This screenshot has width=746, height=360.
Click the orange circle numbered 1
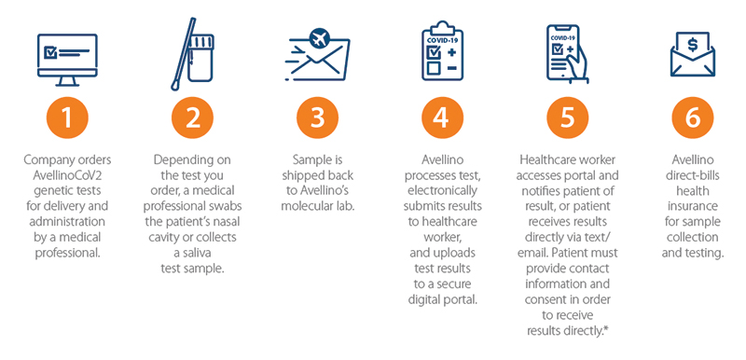(x=67, y=118)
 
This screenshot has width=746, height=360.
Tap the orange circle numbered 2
(x=192, y=118)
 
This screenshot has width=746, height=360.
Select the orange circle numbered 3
(x=317, y=118)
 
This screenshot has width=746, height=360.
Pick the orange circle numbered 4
(x=442, y=118)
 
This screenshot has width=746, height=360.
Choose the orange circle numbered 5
(x=567, y=118)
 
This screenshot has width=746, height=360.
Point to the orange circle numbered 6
(x=692, y=118)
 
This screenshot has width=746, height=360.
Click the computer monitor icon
(x=67, y=60)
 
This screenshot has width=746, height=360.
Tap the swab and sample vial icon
(x=193, y=54)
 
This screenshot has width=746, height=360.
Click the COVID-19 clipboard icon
(x=442, y=50)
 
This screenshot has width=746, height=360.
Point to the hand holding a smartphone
(x=567, y=54)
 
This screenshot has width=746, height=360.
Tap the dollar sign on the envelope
(x=692, y=45)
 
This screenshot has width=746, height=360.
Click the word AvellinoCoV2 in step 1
(x=67, y=175)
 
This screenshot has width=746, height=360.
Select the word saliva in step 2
(x=193, y=253)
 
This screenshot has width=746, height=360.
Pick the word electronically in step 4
(x=442, y=191)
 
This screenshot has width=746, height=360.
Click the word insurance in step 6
(x=692, y=206)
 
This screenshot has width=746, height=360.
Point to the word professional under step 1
(x=67, y=253)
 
